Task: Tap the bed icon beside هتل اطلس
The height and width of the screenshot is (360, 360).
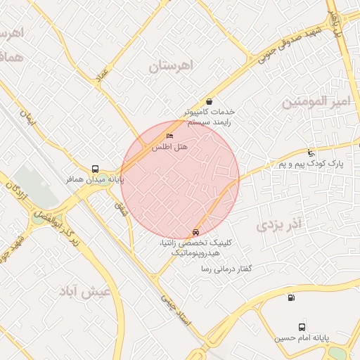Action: (169, 135)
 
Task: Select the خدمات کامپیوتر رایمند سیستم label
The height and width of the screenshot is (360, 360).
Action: (209, 116)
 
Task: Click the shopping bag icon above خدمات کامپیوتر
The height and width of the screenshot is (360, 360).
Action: (209, 101)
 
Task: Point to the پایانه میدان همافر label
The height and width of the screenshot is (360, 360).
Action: (96, 180)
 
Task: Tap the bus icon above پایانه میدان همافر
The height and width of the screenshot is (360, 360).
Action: (95, 169)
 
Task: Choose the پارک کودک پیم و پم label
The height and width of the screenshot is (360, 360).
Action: (309, 163)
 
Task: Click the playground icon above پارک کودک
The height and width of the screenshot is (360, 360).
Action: (311, 153)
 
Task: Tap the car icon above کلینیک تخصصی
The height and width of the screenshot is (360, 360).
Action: (195, 231)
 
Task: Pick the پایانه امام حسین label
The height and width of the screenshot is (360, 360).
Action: (302, 338)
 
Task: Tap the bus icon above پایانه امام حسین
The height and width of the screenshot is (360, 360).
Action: (302, 327)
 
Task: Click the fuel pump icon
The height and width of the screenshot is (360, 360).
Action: (291, 298)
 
